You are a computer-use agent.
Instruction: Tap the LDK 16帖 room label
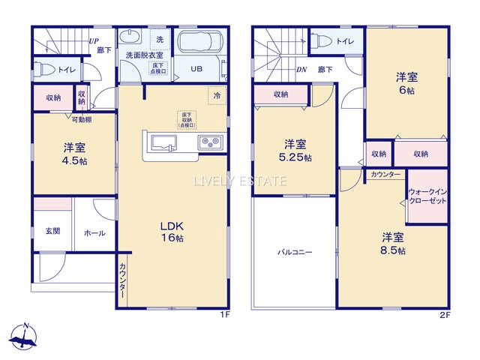172,231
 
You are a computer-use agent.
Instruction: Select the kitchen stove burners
208,142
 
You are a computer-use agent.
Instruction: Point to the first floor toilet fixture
45,70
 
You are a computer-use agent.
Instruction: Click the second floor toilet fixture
323,40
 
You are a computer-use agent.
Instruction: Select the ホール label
94,233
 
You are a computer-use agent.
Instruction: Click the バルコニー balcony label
294,252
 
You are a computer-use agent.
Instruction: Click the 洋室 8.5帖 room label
391,243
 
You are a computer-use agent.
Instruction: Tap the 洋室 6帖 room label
407,82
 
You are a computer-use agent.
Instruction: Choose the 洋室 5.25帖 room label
294,150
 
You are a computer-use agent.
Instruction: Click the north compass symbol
24,337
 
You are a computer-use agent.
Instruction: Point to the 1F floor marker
223,316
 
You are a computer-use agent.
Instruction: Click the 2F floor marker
444,316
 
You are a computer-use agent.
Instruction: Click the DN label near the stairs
301,70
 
